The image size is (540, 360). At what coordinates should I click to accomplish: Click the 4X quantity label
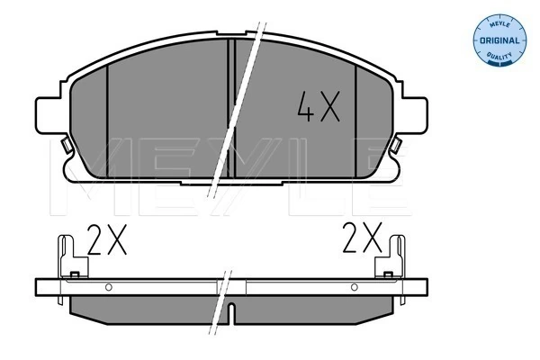tap(318, 109)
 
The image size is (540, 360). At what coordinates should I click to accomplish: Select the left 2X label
tap(107, 241)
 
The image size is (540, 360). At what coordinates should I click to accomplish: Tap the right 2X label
tap(363, 240)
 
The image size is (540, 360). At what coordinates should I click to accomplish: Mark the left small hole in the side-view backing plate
tap(107, 289)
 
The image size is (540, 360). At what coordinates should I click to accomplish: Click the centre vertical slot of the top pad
tap(232, 108)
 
